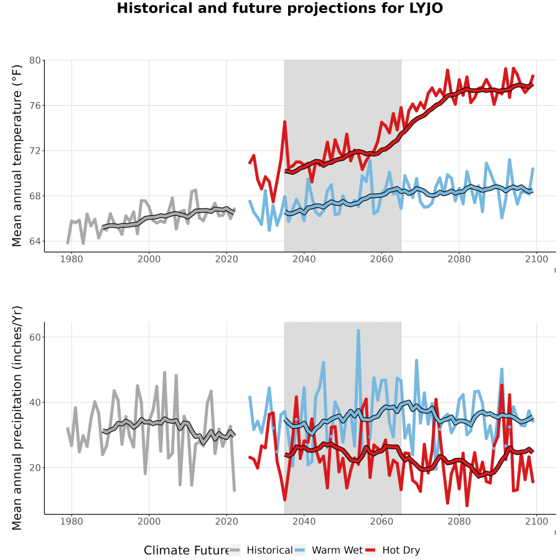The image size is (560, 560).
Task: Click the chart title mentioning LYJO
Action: click(x=279, y=8)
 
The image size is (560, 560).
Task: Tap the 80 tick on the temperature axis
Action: click(x=35, y=60)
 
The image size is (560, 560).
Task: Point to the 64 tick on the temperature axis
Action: click(x=35, y=241)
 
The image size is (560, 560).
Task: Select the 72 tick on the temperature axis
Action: click(x=35, y=151)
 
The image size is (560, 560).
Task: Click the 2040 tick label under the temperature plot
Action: click(x=304, y=259)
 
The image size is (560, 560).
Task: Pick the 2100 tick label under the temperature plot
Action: click(x=536, y=259)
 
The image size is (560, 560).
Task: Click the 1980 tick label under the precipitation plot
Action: click(x=72, y=521)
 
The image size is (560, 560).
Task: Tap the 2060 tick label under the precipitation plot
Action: click(x=381, y=521)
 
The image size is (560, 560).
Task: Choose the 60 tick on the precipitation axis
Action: click(x=35, y=337)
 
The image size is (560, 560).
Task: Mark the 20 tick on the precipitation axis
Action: click(x=35, y=467)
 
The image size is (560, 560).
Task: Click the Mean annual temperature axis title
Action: click(x=17, y=156)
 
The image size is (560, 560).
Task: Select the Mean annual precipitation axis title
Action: click(x=17, y=418)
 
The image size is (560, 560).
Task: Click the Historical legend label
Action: click(x=269, y=550)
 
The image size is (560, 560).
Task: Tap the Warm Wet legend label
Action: click(x=337, y=550)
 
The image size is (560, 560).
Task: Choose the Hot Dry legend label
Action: click(x=401, y=550)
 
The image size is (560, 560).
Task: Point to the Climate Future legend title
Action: click(x=187, y=550)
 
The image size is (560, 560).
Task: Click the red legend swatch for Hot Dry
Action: click(x=371, y=550)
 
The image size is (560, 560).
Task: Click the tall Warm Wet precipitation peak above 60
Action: click(x=358, y=331)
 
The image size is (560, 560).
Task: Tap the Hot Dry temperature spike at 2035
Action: click(x=284, y=122)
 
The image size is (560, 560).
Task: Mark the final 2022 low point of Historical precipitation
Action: click(x=235, y=490)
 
